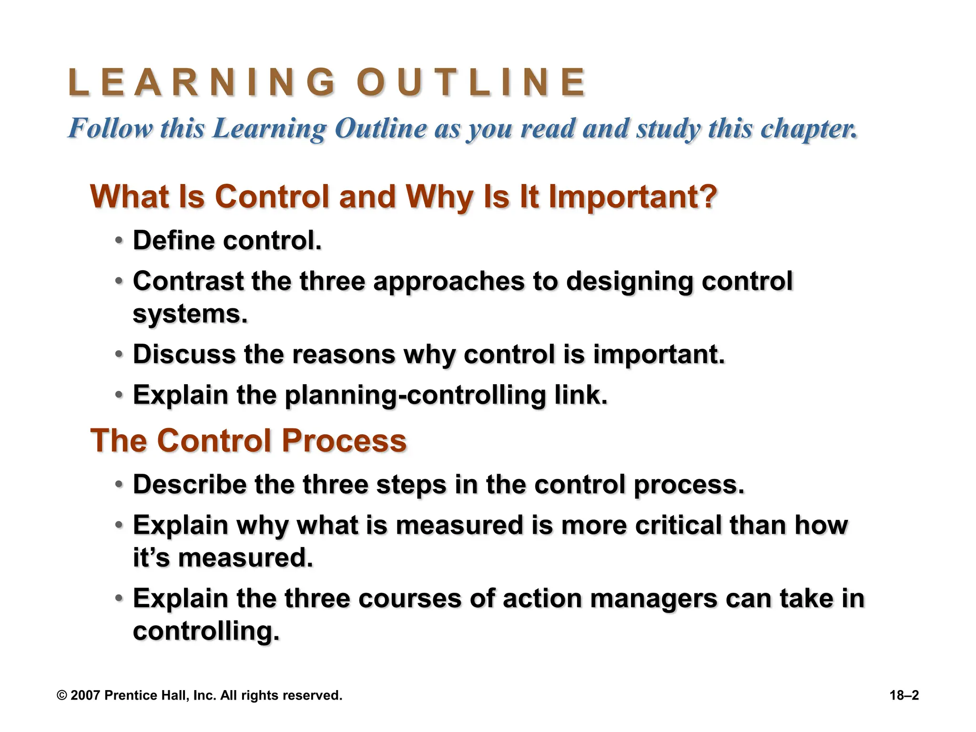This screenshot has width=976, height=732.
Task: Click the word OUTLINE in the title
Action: pos(471,82)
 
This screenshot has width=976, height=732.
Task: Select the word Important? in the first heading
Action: pos(633,196)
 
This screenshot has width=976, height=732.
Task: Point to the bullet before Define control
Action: pos(119,241)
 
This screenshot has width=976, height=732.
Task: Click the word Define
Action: pos(173,240)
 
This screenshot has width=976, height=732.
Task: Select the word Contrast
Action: pos(188,281)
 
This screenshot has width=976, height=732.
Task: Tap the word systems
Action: pos(190,314)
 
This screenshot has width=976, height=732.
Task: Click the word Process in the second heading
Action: pos(344,440)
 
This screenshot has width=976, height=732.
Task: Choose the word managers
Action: pos(653,599)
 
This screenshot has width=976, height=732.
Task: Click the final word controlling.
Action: pos(206,631)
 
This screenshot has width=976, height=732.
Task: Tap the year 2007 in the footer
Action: pos(85,695)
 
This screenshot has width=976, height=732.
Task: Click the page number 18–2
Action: pos(904,695)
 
